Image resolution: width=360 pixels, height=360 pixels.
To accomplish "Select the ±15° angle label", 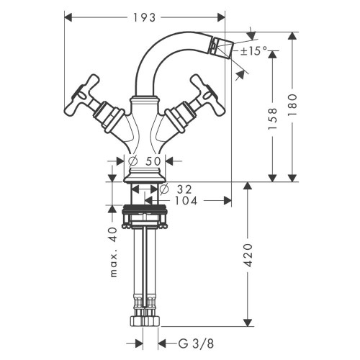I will (x=253, y=51).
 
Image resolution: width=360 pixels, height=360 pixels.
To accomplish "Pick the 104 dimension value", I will (x=186, y=202).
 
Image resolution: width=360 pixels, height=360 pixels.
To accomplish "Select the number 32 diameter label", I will (x=184, y=188).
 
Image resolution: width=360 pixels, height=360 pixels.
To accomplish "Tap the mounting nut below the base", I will (x=145, y=215).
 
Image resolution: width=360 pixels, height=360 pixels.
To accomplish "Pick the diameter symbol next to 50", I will (x=134, y=162).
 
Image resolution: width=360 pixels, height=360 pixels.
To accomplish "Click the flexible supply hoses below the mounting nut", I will (x=145, y=266).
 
